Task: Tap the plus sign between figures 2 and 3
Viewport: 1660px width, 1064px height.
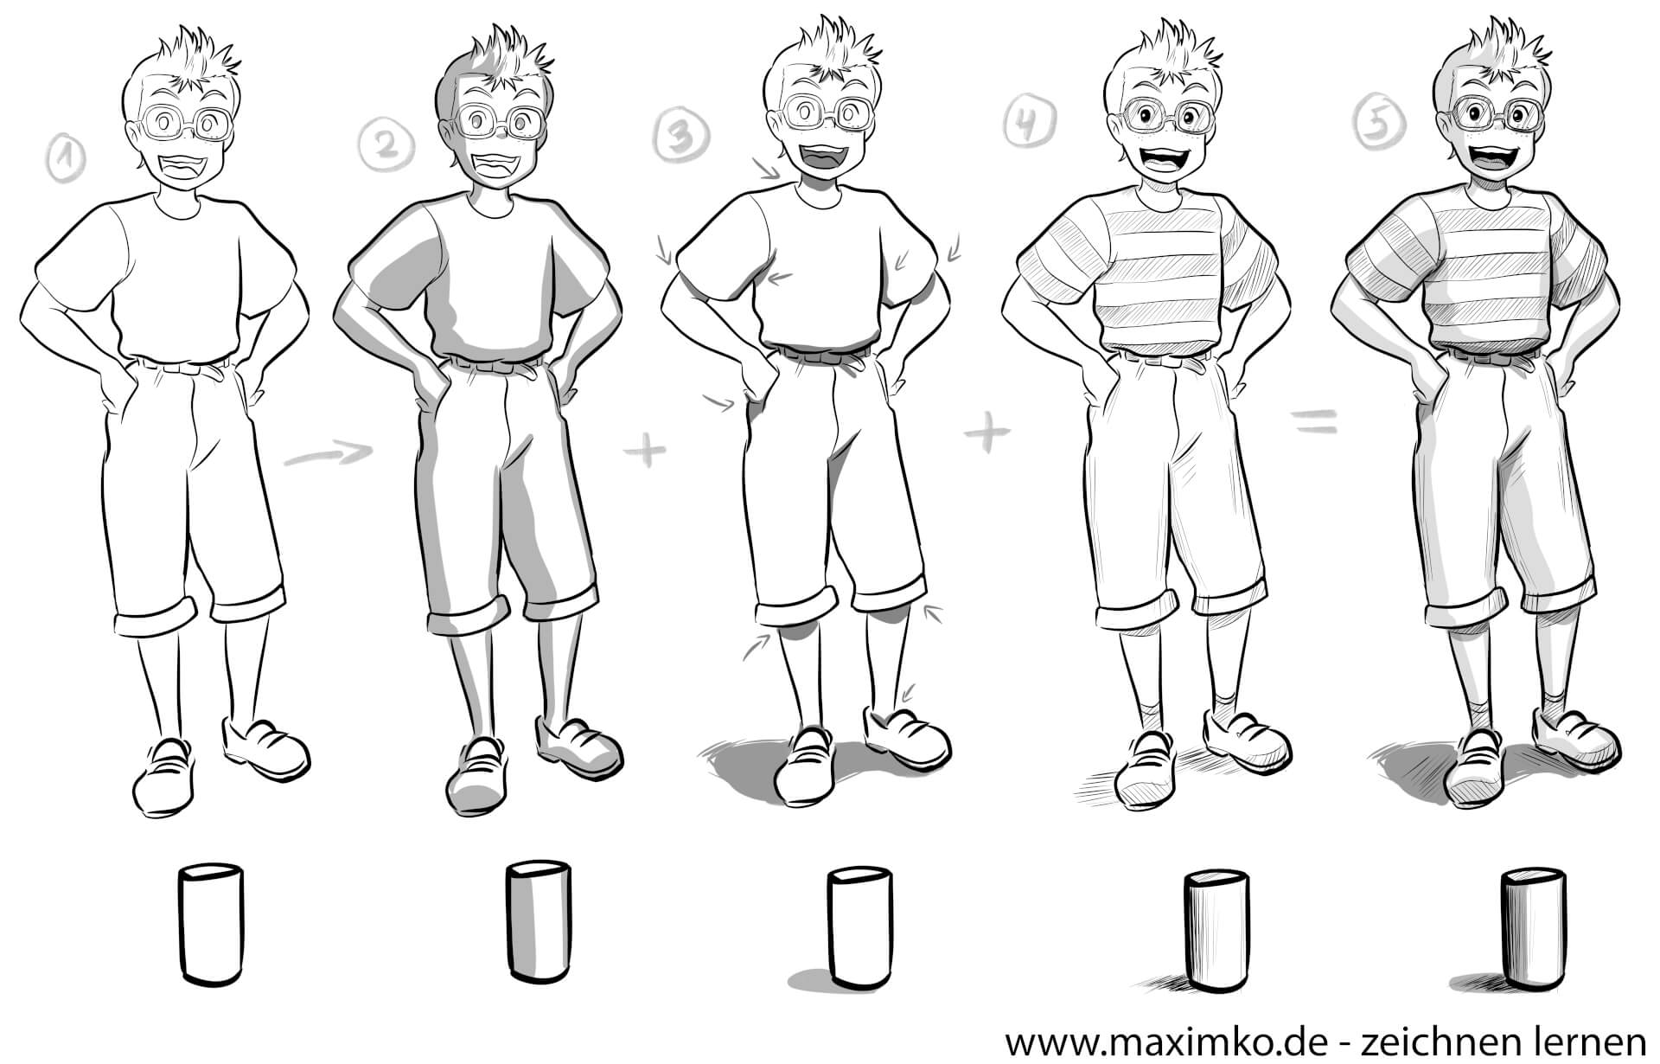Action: [x=648, y=452]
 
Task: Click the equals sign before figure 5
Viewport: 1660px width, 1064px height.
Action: [x=1314, y=421]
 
